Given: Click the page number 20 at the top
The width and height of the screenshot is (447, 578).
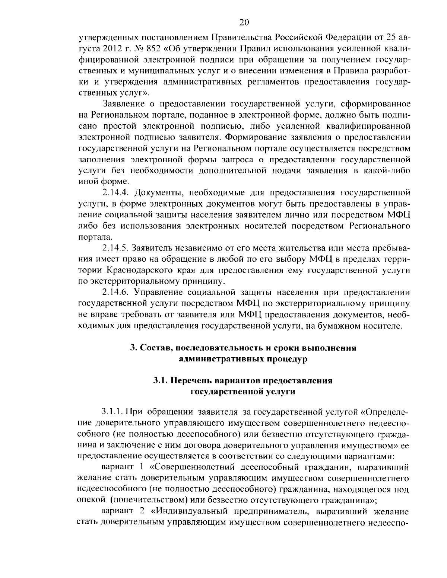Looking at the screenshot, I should (244, 22).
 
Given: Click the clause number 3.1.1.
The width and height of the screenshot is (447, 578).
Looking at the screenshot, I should (112, 412).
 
